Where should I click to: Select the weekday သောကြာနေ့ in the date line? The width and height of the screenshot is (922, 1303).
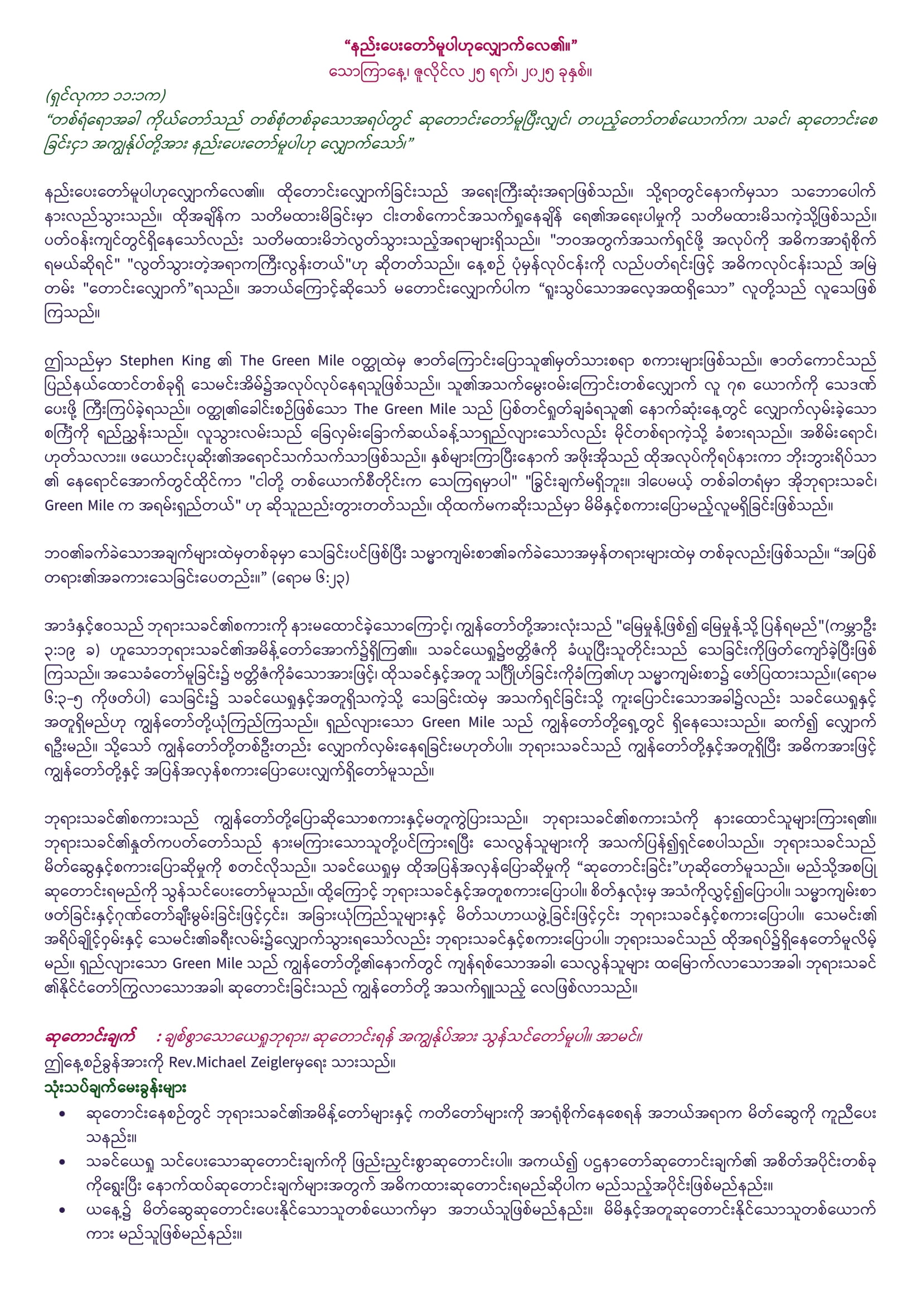point(363,72)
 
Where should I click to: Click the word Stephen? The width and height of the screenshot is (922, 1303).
point(147,361)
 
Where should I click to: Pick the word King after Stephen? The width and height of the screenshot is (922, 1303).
point(196,361)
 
